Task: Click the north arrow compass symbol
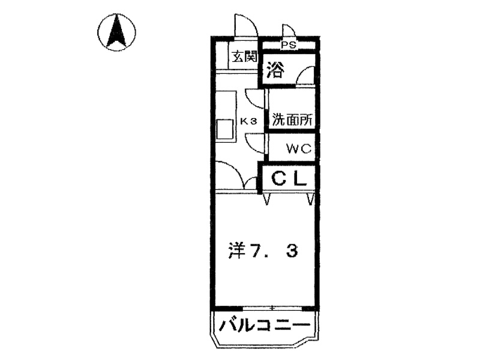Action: click(x=116, y=32)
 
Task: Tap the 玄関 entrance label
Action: click(x=244, y=56)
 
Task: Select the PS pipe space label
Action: click(x=289, y=45)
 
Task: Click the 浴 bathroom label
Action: click(x=275, y=70)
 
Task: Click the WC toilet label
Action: click(x=299, y=148)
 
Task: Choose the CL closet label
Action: click(x=289, y=178)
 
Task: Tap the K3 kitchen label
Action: click(x=248, y=122)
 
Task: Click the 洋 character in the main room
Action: click(x=237, y=250)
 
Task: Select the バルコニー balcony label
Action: click(x=265, y=325)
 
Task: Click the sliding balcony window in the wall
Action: click(x=272, y=308)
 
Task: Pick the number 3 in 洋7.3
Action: click(x=292, y=251)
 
